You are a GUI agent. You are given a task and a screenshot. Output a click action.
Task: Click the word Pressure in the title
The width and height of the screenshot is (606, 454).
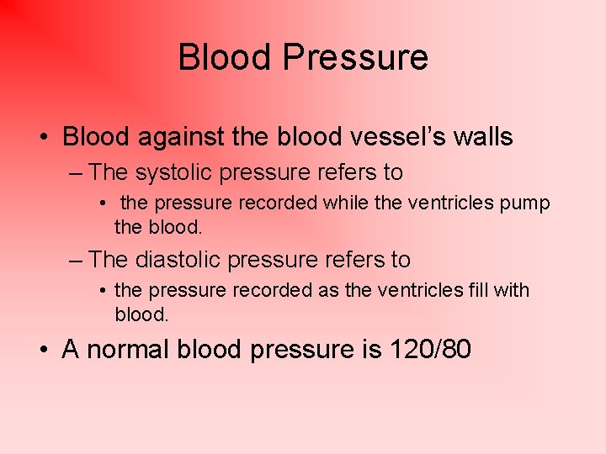coord(355,58)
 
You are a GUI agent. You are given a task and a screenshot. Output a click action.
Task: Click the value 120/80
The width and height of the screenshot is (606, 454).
coord(428,349)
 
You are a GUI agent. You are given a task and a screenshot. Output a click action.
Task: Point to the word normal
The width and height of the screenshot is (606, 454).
coord(125,349)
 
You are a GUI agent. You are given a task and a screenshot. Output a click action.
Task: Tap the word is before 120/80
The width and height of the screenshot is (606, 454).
coord(371,349)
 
